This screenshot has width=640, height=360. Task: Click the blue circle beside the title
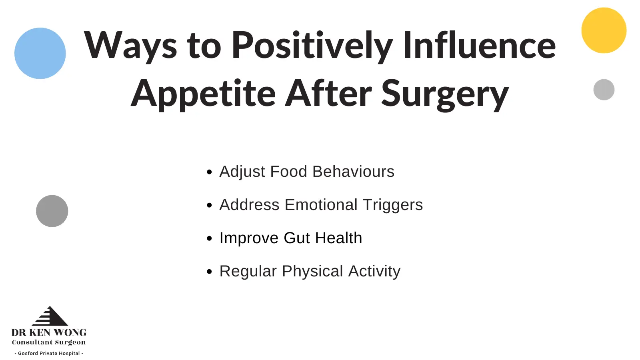click(x=40, y=53)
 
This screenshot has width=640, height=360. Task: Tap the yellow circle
click(x=604, y=30)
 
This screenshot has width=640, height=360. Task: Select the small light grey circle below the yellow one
click(x=604, y=90)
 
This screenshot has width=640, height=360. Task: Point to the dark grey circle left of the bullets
click(x=52, y=211)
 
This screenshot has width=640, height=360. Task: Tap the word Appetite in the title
click(x=203, y=94)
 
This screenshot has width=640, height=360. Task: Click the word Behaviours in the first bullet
click(x=354, y=172)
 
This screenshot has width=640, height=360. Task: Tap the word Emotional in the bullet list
click(x=321, y=205)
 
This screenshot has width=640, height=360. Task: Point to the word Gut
click(x=296, y=238)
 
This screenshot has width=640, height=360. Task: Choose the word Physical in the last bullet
click(x=312, y=272)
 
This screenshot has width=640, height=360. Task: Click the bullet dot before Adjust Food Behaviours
click(x=210, y=172)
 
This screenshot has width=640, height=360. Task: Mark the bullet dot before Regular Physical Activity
click(x=210, y=272)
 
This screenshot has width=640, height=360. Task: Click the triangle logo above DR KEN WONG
click(x=50, y=316)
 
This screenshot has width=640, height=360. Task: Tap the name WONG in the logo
click(x=70, y=332)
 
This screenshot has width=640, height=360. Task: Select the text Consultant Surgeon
click(x=49, y=342)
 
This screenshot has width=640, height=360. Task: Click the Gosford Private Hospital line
click(x=49, y=354)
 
